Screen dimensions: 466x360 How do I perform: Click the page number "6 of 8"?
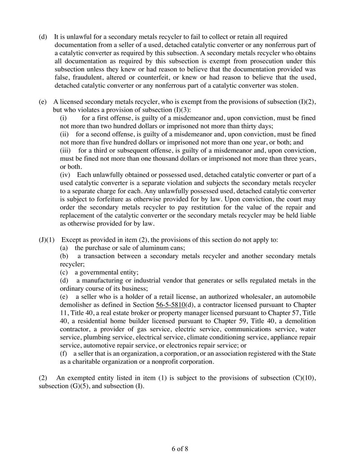click(x=180, y=449)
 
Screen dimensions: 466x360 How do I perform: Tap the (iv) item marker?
click(x=66, y=175)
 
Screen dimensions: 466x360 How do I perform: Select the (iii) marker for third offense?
click(x=67, y=150)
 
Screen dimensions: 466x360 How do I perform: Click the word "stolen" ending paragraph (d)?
click(x=285, y=85)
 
